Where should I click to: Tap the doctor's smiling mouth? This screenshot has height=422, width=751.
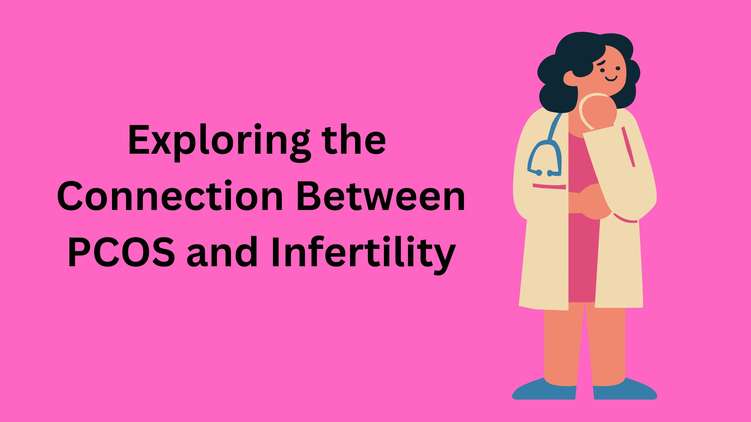(611, 79)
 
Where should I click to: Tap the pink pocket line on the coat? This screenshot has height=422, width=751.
(549, 186)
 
